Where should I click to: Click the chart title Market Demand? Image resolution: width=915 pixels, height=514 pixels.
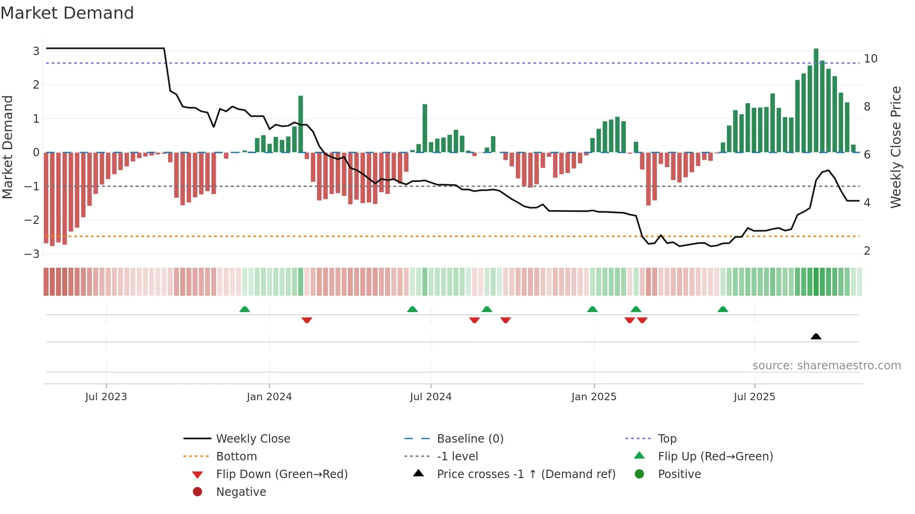pos(67,13)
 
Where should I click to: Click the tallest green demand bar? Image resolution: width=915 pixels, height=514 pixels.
pos(816,100)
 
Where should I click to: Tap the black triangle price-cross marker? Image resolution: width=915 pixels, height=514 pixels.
pos(816,336)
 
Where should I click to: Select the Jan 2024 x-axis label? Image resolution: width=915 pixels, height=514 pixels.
pos(269,396)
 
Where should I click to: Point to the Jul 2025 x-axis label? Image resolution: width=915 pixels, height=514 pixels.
pos(754,396)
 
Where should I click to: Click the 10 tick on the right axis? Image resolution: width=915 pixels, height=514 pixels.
pos(871,59)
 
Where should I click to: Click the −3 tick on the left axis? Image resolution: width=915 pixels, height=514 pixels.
pos(32,254)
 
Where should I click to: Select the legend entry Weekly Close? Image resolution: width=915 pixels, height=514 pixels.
pos(253,438)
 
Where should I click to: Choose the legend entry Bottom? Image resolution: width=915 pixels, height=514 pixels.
pos(236,456)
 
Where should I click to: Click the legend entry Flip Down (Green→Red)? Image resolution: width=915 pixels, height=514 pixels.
pos(282,474)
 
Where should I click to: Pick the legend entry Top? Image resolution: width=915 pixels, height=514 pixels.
pos(667,438)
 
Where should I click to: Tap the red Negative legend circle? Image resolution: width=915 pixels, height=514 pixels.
pos(197,492)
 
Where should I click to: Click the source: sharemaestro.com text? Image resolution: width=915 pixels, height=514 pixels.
pos(826,365)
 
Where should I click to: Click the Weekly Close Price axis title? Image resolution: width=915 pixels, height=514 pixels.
pos(896,147)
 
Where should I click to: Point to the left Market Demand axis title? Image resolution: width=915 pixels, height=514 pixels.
pos(7,147)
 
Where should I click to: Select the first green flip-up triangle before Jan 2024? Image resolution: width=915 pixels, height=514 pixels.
pos(245,309)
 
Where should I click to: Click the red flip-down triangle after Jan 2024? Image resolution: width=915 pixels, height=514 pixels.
pos(307,320)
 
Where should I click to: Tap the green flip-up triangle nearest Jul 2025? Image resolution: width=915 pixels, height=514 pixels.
pos(723,309)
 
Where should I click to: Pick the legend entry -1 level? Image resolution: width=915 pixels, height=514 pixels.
pos(457,456)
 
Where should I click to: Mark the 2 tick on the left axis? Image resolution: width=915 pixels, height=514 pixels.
pos(36,85)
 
